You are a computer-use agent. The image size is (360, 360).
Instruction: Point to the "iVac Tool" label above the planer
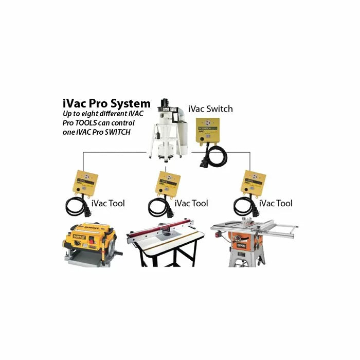tap(108, 203)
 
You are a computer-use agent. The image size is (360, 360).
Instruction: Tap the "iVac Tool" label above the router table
tap(191, 203)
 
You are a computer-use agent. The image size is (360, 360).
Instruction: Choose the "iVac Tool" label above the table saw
tap(276, 203)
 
